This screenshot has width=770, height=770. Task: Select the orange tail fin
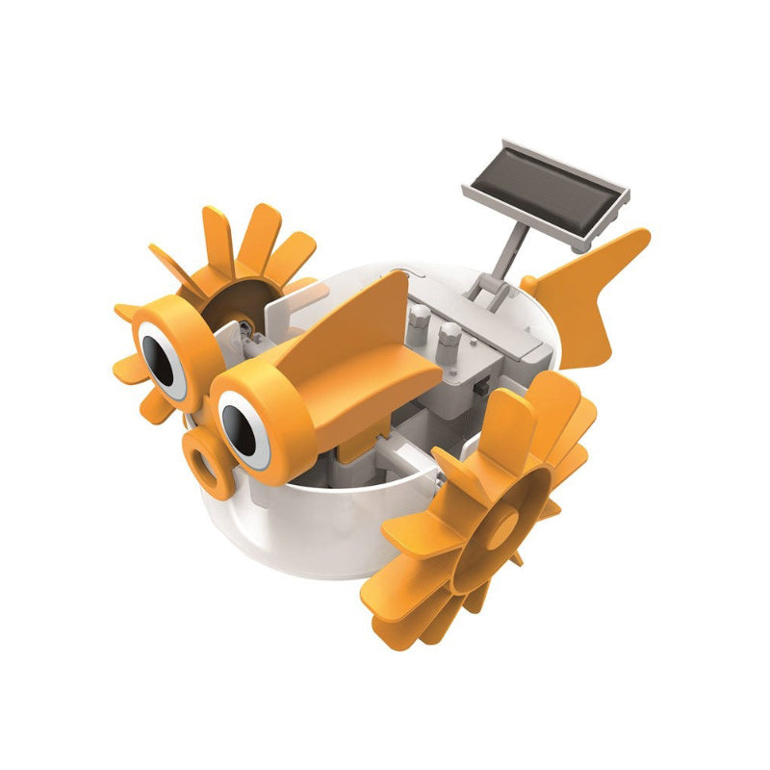click(x=592, y=289)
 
